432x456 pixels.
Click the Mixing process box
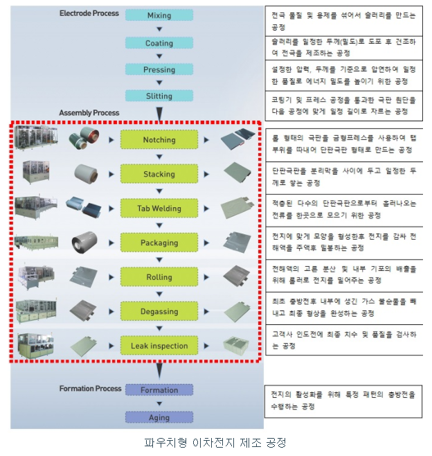pos(159,15)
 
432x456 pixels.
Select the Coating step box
pos(159,42)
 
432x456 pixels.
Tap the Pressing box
pos(159,69)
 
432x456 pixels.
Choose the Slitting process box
pos(159,96)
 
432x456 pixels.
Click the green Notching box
pos(159,139)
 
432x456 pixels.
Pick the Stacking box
pos(159,174)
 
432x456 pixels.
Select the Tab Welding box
pos(159,208)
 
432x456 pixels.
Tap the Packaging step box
pos(159,243)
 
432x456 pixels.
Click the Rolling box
pos(159,277)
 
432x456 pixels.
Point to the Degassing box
pos(159,311)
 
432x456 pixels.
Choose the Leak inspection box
pos(159,345)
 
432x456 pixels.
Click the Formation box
pos(159,390)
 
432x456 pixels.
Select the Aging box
pos(159,416)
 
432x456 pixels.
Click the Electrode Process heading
pos(89,13)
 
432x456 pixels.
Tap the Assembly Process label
pos(89,112)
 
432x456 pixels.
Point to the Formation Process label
pos(90,389)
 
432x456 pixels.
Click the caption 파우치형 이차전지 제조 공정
pos(215,442)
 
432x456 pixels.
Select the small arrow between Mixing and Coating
pos(159,29)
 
